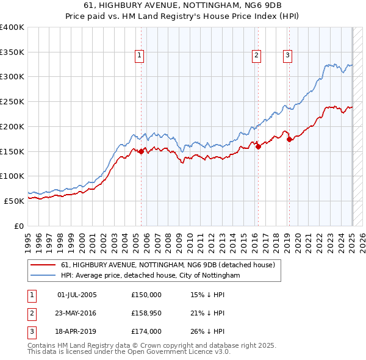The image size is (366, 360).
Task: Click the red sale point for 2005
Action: pyautogui.click(x=141, y=152)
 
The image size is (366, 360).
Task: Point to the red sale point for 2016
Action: pyautogui.click(x=258, y=146)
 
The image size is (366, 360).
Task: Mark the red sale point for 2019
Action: pyautogui.click(x=289, y=139)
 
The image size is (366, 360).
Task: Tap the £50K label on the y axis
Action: pyautogui.click(x=14, y=201)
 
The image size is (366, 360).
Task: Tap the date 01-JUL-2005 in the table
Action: pyautogui.click(x=77, y=295)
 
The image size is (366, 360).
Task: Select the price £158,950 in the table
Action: pyautogui.click(x=146, y=313)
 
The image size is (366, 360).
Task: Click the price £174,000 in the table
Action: pyautogui.click(x=146, y=331)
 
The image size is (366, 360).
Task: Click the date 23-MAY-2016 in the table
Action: pyautogui.click(x=77, y=313)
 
